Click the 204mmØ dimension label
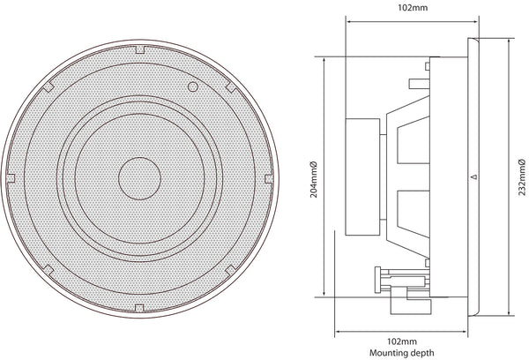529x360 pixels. pos(313,179)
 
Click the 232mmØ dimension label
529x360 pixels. pos(522,177)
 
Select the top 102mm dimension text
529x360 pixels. pos(413,7)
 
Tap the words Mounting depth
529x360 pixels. pos(401,353)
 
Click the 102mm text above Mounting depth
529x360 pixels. pos(401,341)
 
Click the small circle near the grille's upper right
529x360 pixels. pos(192,86)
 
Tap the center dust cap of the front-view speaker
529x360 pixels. pos(139,178)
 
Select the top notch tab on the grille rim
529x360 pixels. pos(139,49)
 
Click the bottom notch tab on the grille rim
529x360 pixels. pos(139,308)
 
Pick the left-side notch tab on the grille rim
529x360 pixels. pos(11,178)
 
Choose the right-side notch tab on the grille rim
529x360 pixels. pos(269,178)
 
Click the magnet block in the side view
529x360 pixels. pos(362,177)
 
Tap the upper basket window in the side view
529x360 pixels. pos(414,140)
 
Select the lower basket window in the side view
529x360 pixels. pos(414,214)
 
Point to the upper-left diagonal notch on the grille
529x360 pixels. pos(48,86)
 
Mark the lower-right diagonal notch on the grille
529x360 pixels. pos(231,270)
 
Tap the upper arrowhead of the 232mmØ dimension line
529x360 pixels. pos(509,41)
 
